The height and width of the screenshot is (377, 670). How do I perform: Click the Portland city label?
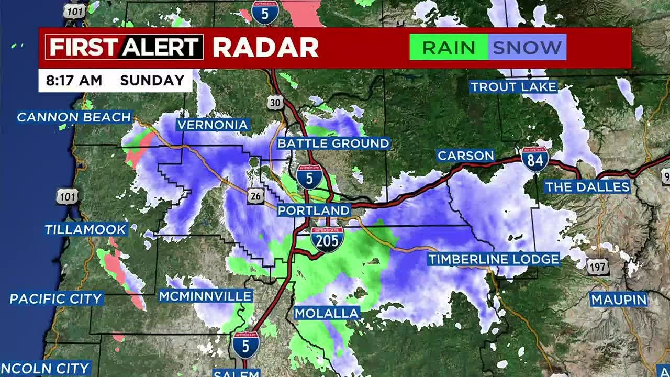(x=314, y=210)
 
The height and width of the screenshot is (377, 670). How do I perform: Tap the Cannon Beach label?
(x=74, y=117)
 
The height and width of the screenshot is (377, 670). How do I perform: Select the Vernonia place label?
(x=212, y=125)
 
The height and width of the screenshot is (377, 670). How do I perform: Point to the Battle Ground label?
(x=333, y=143)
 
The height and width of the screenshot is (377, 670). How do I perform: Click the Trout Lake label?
(x=513, y=87)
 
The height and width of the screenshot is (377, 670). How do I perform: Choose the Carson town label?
(x=466, y=156)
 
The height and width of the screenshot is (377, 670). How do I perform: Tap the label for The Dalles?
(x=587, y=187)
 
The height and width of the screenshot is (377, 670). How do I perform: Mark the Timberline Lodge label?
(x=494, y=259)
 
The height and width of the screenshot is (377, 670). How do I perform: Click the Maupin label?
(x=619, y=300)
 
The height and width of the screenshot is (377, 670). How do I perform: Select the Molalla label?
(x=327, y=314)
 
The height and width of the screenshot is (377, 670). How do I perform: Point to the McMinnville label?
(x=206, y=296)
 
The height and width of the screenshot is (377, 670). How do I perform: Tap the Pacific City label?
(x=56, y=299)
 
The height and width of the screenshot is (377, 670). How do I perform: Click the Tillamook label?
(x=85, y=229)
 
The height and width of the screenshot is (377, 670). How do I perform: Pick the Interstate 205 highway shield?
(x=327, y=239)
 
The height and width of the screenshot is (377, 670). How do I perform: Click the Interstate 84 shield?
(x=535, y=159)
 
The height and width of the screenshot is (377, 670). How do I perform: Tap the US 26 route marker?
(x=255, y=196)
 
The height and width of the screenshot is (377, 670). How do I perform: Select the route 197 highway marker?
(x=598, y=267)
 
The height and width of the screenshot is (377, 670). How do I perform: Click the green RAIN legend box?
(x=449, y=48)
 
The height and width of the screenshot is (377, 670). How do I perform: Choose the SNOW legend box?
(x=527, y=48)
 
